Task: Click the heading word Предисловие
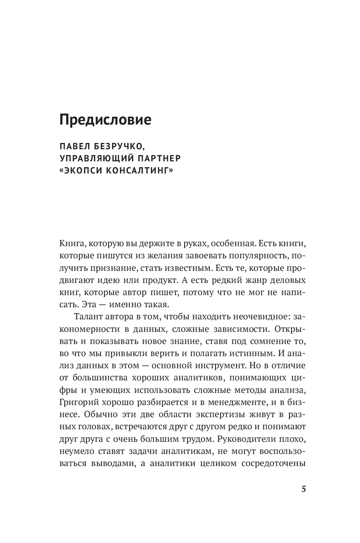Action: [105, 120]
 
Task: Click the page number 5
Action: [304, 489]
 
